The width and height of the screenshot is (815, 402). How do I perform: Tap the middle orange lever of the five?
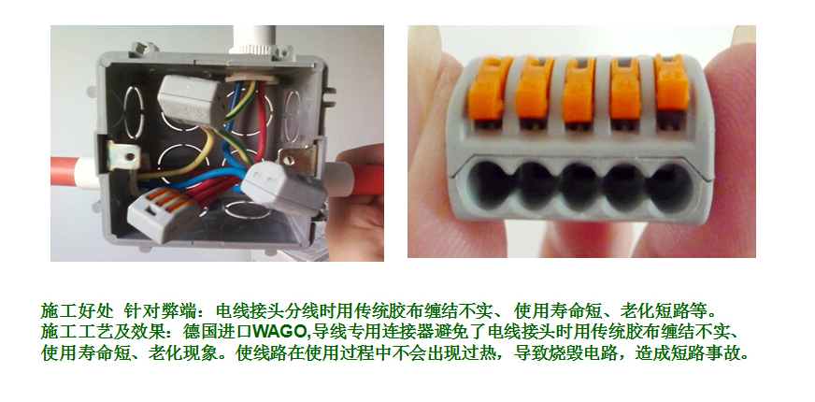point(579,90)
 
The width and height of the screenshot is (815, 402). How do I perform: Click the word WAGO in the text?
point(280,331)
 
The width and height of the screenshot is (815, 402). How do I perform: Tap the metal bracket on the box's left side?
point(122,156)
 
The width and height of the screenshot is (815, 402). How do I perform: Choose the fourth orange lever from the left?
point(625,89)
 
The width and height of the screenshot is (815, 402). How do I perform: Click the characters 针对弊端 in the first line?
point(160,311)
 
